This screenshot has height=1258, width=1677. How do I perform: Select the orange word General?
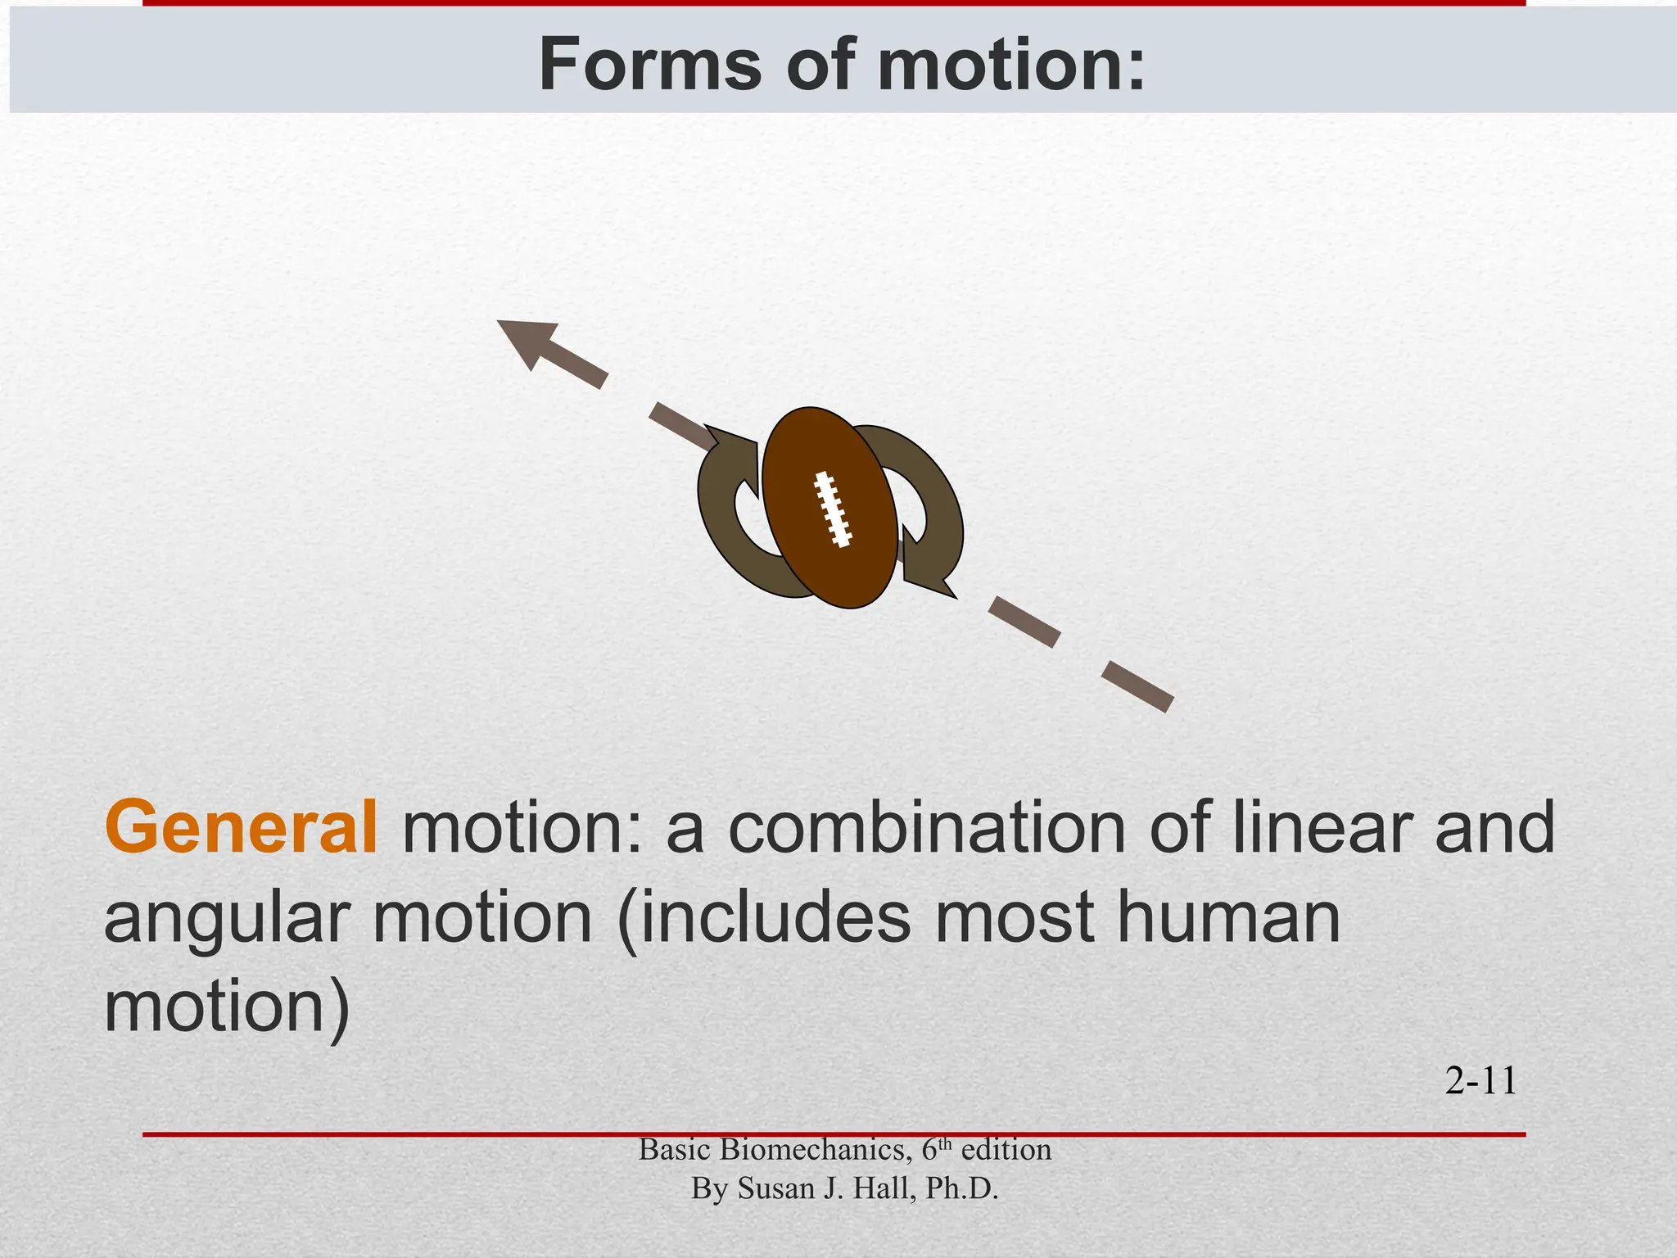(241, 828)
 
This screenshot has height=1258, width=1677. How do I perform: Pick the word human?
(1228, 917)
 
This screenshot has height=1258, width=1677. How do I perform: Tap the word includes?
(766, 917)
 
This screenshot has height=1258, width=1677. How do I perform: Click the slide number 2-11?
(1480, 1081)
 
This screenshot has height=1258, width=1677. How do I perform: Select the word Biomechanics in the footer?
(816, 1150)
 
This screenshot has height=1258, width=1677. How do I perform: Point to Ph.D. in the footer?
(961, 1188)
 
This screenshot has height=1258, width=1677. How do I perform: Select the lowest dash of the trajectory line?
(1137, 687)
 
